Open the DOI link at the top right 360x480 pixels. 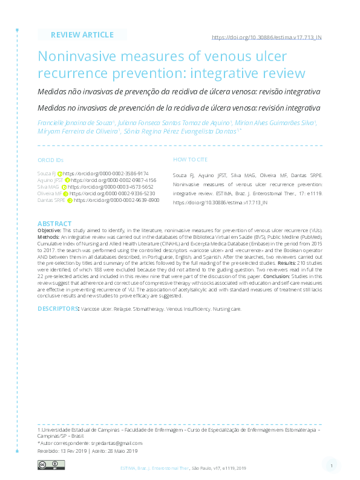point(266,37)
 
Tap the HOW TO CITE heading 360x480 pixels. point(190,160)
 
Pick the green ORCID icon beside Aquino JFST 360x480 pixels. point(67,180)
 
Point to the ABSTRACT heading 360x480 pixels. point(54,224)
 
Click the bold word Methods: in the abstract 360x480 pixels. point(49,238)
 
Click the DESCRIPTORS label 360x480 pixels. point(58,308)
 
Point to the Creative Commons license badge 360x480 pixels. point(51,464)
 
